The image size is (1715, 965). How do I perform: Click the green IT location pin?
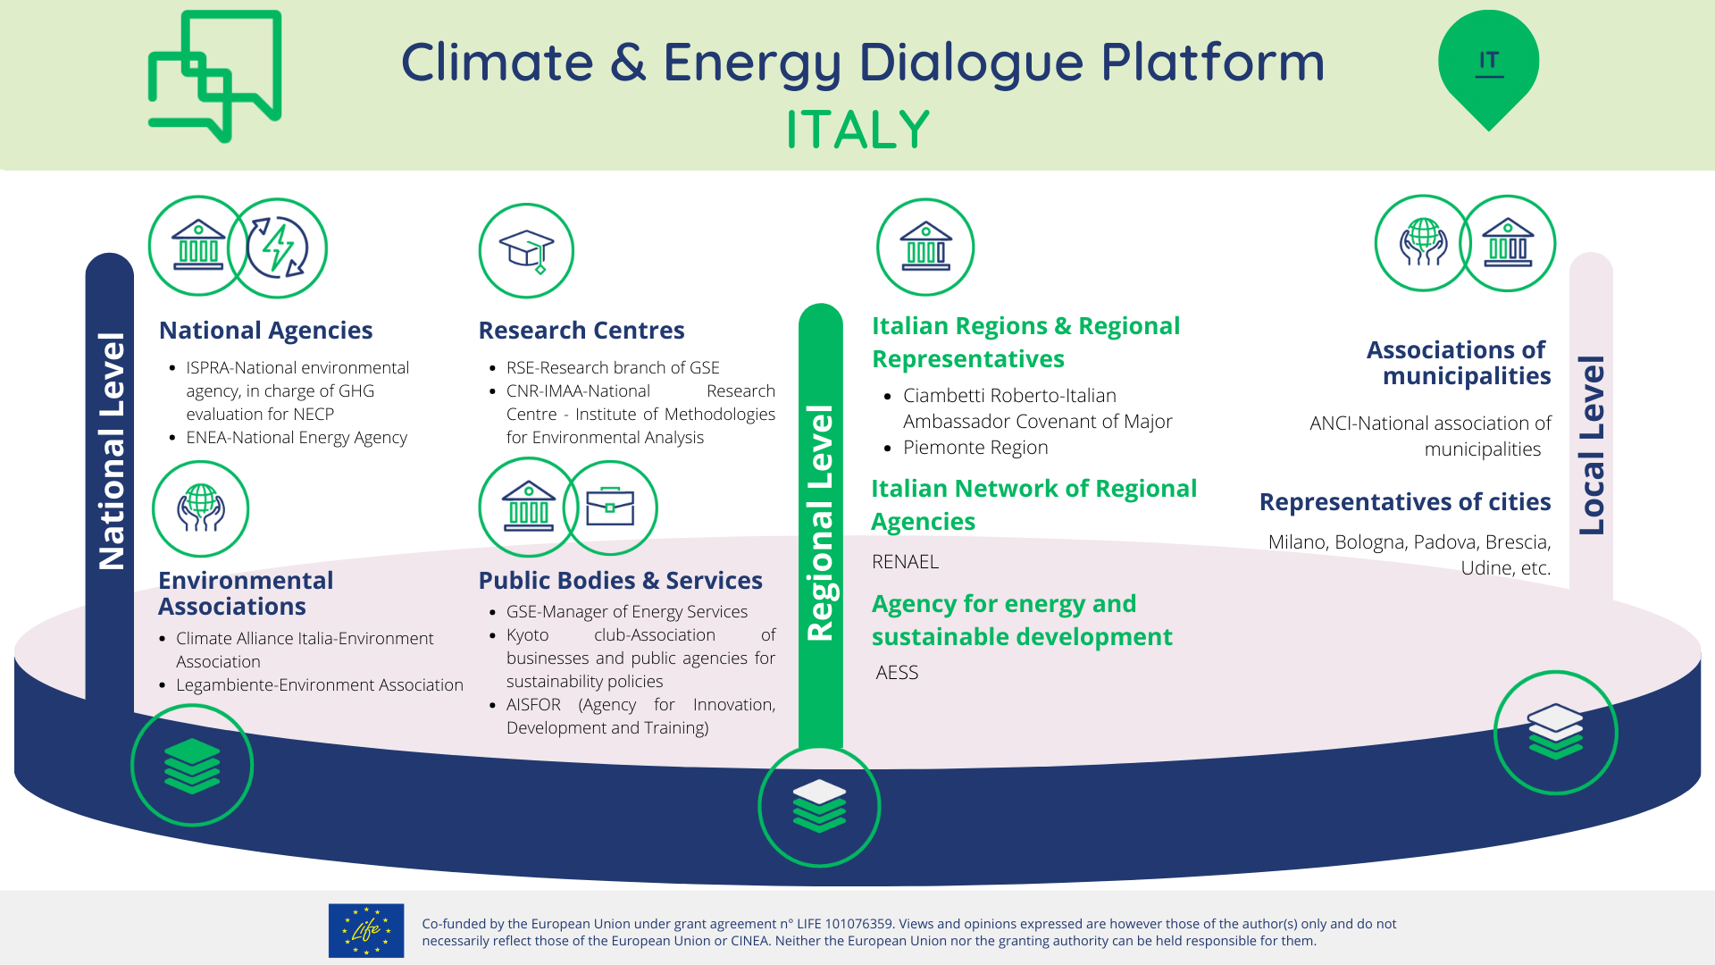pyautogui.click(x=1488, y=64)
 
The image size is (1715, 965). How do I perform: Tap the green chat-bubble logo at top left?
pyautogui.click(x=214, y=76)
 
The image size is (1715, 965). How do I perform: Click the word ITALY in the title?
pyautogui.click(x=857, y=130)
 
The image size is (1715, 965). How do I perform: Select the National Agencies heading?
pyautogui.click(x=265, y=331)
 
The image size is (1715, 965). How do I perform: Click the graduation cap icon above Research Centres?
pyautogui.click(x=526, y=250)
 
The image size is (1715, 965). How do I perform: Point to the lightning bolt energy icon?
pyautogui.click(x=278, y=248)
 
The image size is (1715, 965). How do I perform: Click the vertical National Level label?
pyautogui.click(x=111, y=451)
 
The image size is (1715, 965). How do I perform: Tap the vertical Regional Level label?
pyautogui.click(x=820, y=523)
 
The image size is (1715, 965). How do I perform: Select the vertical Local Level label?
pyautogui.click(x=1592, y=445)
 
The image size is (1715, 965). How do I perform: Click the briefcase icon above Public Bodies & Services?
pyautogui.click(x=610, y=508)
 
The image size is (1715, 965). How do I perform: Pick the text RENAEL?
pyautogui.click(x=905, y=562)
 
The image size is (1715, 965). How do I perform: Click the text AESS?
pyautogui.click(x=897, y=673)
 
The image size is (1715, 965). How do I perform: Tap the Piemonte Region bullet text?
pyautogui.click(x=975, y=448)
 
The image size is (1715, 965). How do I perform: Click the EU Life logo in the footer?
pyautogui.click(x=366, y=930)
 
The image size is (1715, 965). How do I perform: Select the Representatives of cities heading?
pyautogui.click(x=1404, y=502)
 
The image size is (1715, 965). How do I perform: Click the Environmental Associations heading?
pyautogui.click(x=246, y=593)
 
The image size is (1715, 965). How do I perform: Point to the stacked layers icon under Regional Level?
pyautogui.click(x=819, y=806)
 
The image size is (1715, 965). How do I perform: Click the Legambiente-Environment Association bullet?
pyautogui.click(x=319, y=685)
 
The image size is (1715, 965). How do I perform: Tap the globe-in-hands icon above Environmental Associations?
pyautogui.click(x=200, y=508)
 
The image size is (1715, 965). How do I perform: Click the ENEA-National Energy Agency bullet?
pyautogui.click(x=296, y=438)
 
